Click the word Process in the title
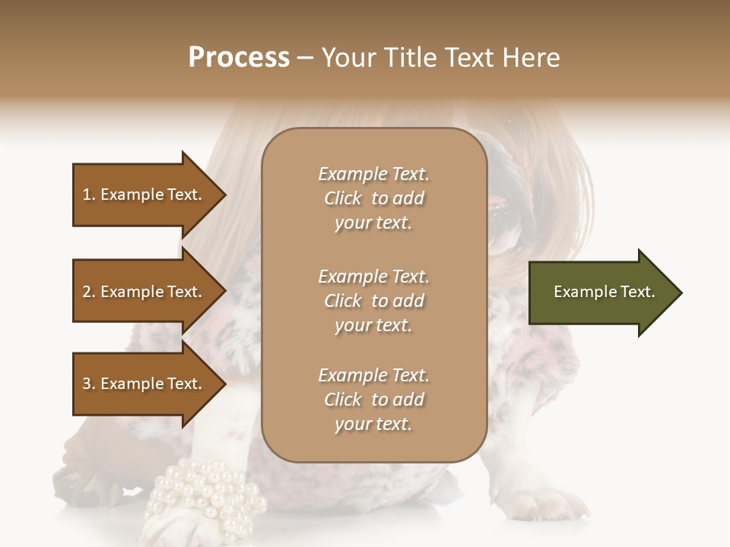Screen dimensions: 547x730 click(239, 57)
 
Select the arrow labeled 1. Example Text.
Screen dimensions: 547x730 click(144, 194)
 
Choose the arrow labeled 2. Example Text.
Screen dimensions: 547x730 click(144, 292)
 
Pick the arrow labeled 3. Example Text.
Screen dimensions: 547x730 click(144, 384)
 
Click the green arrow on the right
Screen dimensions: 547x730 click(601, 292)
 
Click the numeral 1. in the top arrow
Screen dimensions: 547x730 click(89, 194)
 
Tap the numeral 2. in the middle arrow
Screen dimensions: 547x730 click(89, 292)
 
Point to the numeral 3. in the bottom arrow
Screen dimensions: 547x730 click(89, 384)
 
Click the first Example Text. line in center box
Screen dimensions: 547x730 click(373, 174)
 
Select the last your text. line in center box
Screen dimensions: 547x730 click(373, 424)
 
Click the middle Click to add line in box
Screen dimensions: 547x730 click(373, 301)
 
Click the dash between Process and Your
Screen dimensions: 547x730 click(306, 58)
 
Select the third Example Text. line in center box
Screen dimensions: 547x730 click(373, 375)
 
